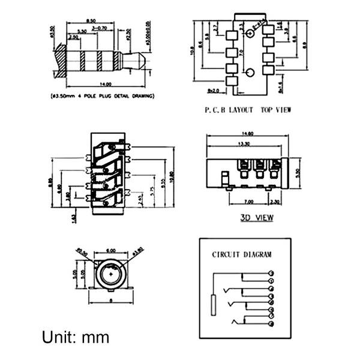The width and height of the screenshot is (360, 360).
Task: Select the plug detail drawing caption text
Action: (101, 95)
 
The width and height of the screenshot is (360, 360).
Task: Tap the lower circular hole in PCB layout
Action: (251, 73)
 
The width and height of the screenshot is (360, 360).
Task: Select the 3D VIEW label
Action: (256, 217)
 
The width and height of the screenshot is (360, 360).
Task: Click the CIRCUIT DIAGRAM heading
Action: (242, 254)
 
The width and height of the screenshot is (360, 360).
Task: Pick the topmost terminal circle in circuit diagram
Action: (272, 273)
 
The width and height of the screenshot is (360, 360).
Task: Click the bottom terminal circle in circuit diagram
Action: (272, 325)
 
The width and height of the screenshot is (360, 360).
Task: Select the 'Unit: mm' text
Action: (76, 337)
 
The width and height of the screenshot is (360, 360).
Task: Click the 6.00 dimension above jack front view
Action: (111, 250)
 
